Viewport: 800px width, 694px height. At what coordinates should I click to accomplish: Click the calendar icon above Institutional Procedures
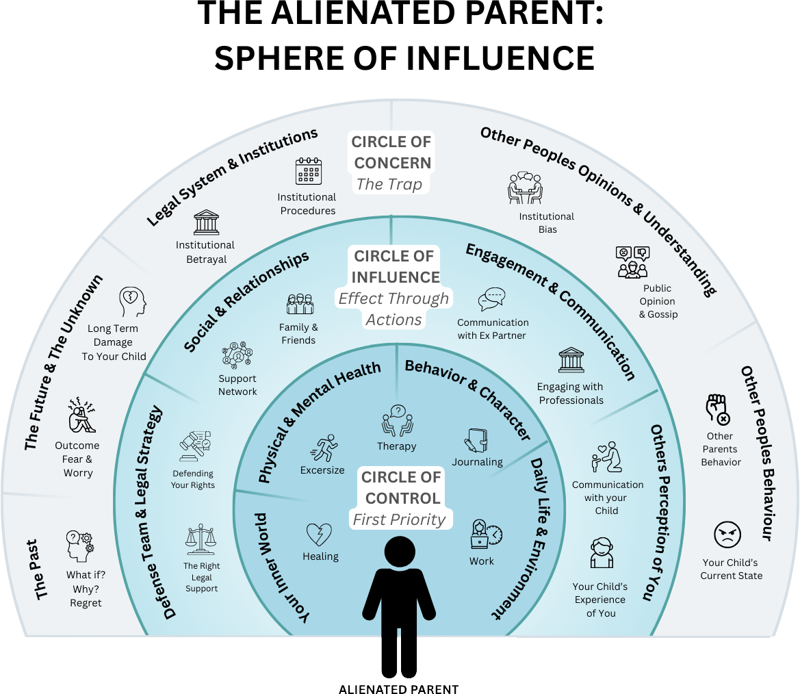point(308,171)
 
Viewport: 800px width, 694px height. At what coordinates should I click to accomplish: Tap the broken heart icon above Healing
point(319,535)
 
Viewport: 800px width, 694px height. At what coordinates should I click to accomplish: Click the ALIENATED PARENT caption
point(398,689)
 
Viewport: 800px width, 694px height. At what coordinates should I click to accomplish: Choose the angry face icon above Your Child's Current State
point(727,535)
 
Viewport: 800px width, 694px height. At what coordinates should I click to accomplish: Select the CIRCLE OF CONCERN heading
point(392,153)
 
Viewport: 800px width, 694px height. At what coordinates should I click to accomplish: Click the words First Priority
point(399,519)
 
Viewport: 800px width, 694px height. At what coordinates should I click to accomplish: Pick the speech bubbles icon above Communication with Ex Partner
point(492,300)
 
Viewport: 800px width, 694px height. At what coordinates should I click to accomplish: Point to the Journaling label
point(477,462)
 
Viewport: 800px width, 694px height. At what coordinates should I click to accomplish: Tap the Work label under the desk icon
point(482,561)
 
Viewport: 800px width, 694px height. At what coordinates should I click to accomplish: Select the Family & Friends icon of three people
point(299,305)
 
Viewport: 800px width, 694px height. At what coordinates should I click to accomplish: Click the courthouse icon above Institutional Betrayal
point(206,222)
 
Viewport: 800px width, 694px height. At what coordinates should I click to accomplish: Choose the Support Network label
point(237,385)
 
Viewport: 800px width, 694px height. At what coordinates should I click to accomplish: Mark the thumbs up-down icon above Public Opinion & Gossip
point(632,262)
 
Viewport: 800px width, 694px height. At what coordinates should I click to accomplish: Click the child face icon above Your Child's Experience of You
point(600,553)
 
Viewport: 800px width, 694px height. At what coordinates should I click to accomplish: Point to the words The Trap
point(389,183)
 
